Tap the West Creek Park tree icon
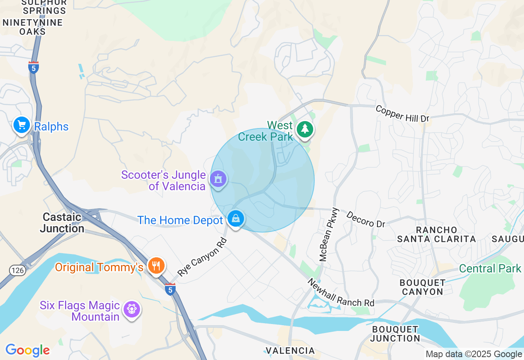click(x=305, y=129)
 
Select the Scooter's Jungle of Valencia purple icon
click(x=218, y=179)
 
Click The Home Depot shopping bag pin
click(x=236, y=219)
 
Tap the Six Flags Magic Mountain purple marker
click(x=132, y=309)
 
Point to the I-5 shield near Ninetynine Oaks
click(x=34, y=67)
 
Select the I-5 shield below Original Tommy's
click(x=170, y=289)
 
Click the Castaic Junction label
click(x=62, y=223)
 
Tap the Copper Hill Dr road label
click(x=402, y=114)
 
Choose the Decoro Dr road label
click(x=366, y=219)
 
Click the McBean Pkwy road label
click(x=329, y=234)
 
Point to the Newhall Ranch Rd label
click(x=341, y=293)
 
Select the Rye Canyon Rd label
click(x=202, y=256)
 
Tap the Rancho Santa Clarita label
click(x=436, y=234)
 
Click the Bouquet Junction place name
click(x=395, y=334)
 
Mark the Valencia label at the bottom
click(x=290, y=351)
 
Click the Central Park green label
click(x=490, y=268)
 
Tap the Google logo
click(x=27, y=350)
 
